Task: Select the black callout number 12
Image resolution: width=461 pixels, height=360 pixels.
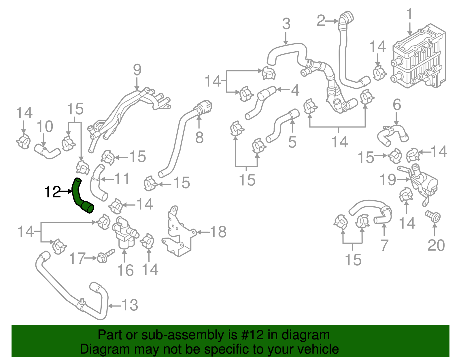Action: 53,192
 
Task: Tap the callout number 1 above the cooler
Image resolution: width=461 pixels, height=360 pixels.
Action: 409,15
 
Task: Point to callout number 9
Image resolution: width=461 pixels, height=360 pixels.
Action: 137,70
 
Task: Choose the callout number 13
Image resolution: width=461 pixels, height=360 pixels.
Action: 130,305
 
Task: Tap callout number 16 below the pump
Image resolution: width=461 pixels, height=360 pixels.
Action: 125,270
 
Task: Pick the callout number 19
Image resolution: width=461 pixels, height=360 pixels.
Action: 388,180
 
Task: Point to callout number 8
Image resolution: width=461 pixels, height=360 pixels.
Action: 199,137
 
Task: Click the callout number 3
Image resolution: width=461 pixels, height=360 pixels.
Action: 286,24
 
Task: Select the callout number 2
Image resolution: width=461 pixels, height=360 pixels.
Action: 321,21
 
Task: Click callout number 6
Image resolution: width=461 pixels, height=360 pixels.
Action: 397,104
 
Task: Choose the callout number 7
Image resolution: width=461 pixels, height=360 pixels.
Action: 384,245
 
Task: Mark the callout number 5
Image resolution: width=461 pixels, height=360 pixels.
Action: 292,142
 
